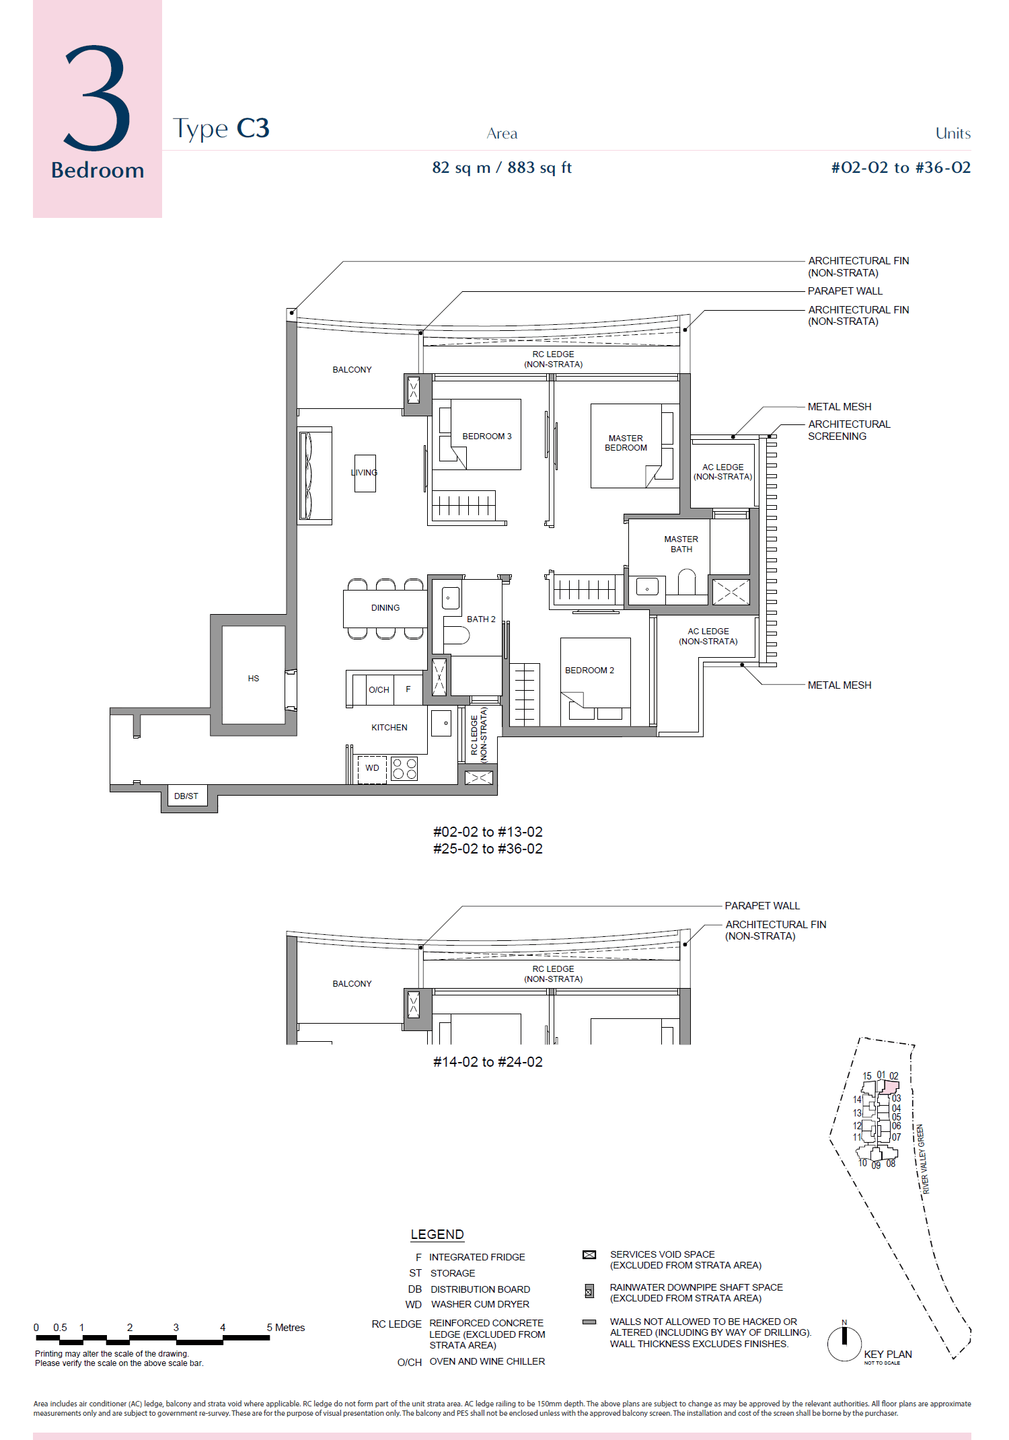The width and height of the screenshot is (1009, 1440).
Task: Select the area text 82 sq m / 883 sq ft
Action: click(501, 167)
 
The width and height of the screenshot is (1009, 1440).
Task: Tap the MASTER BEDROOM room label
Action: click(626, 443)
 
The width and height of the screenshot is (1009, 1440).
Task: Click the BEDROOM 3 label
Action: click(486, 437)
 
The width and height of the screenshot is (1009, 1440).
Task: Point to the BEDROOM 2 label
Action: click(589, 671)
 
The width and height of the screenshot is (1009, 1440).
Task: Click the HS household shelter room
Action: click(253, 678)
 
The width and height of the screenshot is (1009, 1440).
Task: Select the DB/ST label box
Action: click(186, 796)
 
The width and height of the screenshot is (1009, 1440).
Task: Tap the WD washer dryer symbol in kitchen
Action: click(372, 768)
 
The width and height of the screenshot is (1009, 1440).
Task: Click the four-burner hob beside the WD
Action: click(404, 769)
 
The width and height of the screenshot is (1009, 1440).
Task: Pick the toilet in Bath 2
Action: click(455, 635)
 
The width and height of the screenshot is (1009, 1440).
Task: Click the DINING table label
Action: click(385, 608)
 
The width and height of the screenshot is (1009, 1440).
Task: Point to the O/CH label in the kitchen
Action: click(379, 690)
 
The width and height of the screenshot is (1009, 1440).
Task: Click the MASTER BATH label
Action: click(681, 544)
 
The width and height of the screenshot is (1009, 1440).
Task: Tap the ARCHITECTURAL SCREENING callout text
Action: click(848, 430)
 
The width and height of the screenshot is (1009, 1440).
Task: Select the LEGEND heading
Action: click(437, 1235)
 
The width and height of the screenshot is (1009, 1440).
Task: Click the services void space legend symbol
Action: click(589, 1255)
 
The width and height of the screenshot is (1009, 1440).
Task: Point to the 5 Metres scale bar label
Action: click(286, 1328)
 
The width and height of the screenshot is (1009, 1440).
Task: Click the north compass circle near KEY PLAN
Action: click(844, 1343)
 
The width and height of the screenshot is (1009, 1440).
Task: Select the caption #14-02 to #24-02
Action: click(488, 1062)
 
